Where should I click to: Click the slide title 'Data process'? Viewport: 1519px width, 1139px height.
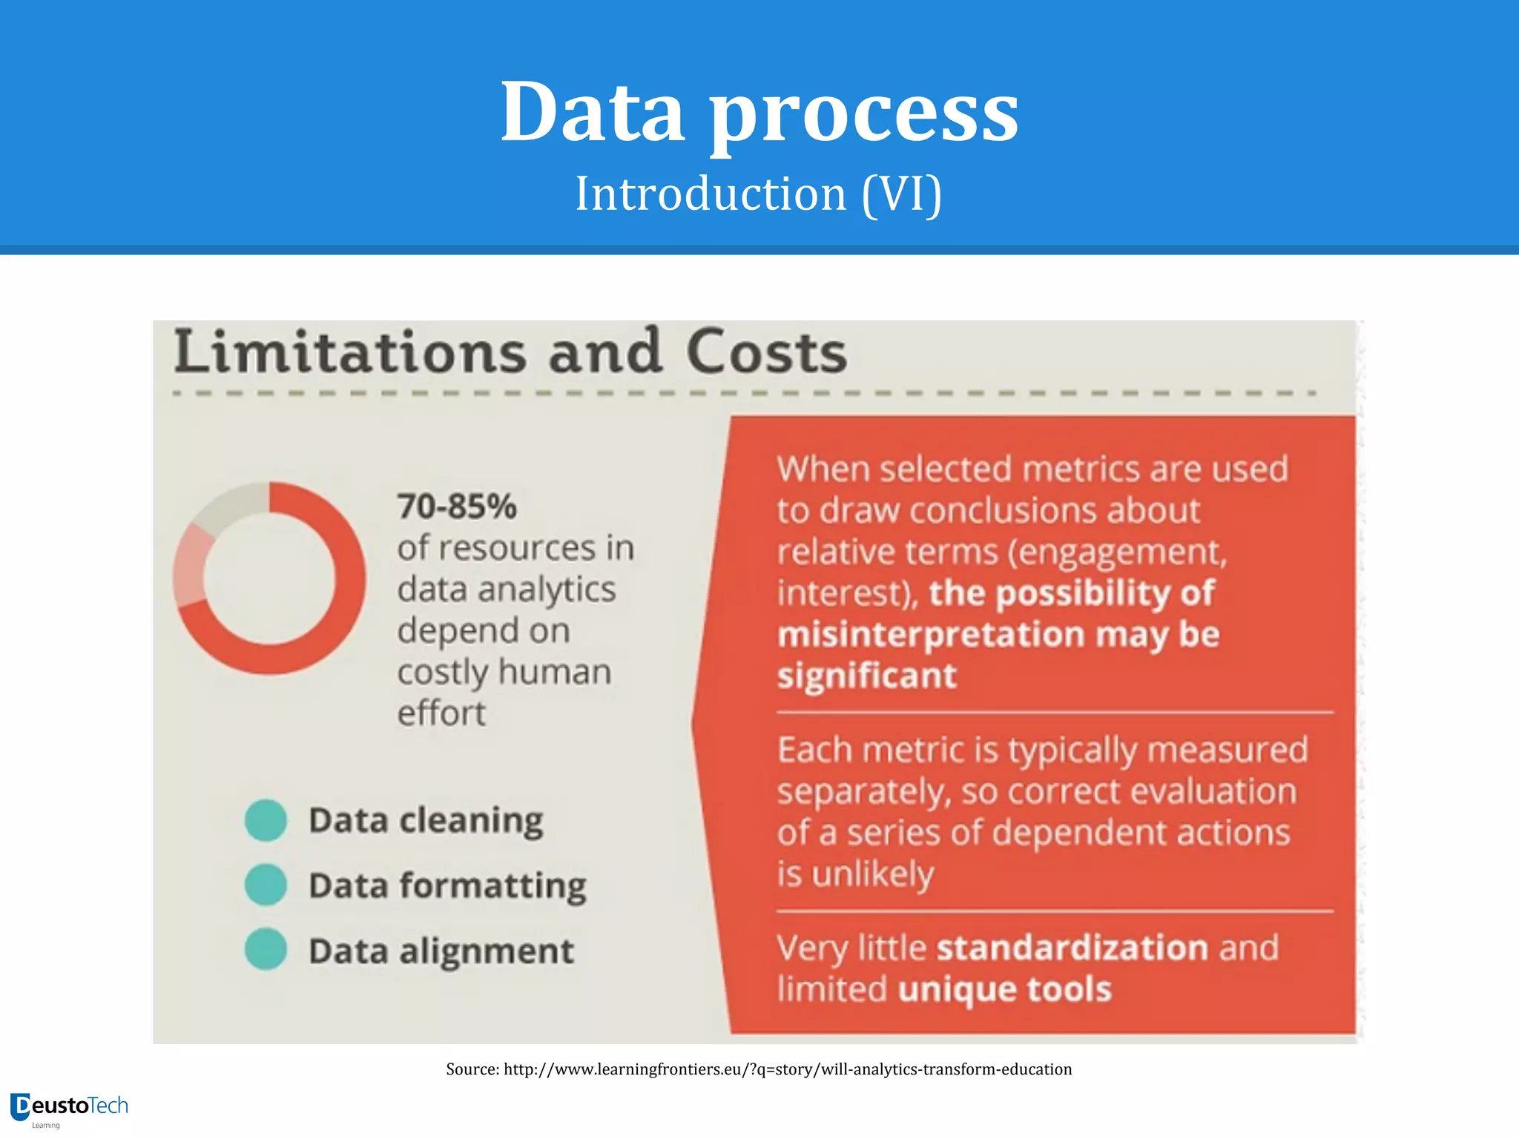(759, 113)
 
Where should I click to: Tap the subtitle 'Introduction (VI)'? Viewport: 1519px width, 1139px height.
(759, 194)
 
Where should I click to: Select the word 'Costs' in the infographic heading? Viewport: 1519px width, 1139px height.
(766, 351)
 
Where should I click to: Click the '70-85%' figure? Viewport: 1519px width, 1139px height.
(457, 507)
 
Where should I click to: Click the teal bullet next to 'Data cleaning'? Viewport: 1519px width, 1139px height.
(266, 820)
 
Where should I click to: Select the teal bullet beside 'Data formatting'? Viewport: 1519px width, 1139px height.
(266, 885)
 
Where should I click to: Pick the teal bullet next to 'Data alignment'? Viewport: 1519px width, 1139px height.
(266, 949)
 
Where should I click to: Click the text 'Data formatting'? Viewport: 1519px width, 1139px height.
(447, 886)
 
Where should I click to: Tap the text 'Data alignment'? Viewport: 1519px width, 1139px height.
(441, 951)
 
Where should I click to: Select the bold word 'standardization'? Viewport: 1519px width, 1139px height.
(1072, 948)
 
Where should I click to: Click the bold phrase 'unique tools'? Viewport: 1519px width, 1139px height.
(1004, 990)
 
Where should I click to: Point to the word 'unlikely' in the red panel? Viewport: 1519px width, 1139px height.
(873, 875)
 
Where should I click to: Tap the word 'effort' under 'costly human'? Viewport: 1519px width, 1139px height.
(441, 713)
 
